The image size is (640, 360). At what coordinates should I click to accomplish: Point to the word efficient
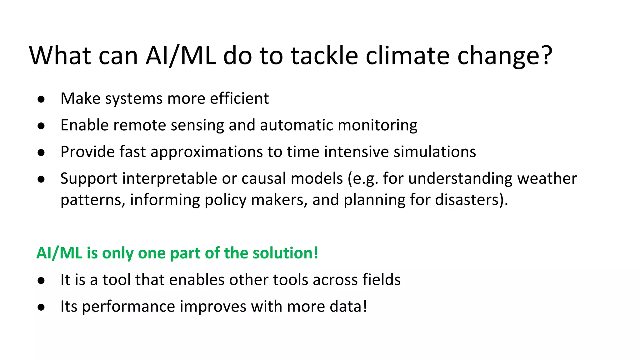[239, 98]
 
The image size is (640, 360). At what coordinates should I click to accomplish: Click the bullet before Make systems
[41, 100]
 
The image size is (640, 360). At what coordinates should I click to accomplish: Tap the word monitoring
[377, 125]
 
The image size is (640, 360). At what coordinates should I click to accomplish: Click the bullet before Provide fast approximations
[41, 153]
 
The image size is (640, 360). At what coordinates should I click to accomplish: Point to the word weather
[547, 179]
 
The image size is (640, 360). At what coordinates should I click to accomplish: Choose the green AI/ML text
[59, 253]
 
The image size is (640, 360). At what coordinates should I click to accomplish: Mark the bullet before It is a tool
[41, 281]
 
